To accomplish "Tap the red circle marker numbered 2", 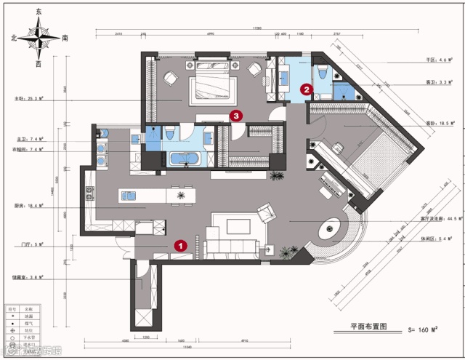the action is click(x=307, y=89).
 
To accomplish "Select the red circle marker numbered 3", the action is click(x=235, y=114).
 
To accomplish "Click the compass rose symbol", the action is click(x=39, y=38).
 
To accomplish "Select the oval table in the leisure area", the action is click(x=336, y=228).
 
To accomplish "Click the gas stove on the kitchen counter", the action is click(x=90, y=194).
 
